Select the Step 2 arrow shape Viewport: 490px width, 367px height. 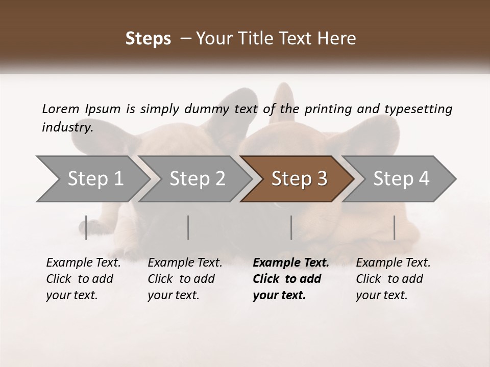[x=197, y=179]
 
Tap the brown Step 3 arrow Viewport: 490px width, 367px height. [x=299, y=179]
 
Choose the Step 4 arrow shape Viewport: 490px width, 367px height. [x=401, y=179]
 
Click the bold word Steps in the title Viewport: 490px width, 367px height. [x=148, y=39]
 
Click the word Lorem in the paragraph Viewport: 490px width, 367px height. [x=60, y=109]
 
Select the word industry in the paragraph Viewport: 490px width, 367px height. [x=67, y=127]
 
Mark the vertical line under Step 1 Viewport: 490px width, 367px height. [x=86, y=227]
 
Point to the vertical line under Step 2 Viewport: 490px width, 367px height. [x=188, y=227]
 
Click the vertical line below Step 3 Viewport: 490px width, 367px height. [x=291, y=227]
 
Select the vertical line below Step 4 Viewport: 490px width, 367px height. [x=394, y=227]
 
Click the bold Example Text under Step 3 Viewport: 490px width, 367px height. [x=291, y=263]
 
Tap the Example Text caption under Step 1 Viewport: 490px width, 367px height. [x=83, y=263]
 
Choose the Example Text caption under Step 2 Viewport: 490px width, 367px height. [x=185, y=263]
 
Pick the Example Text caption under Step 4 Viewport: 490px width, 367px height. [x=393, y=263]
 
